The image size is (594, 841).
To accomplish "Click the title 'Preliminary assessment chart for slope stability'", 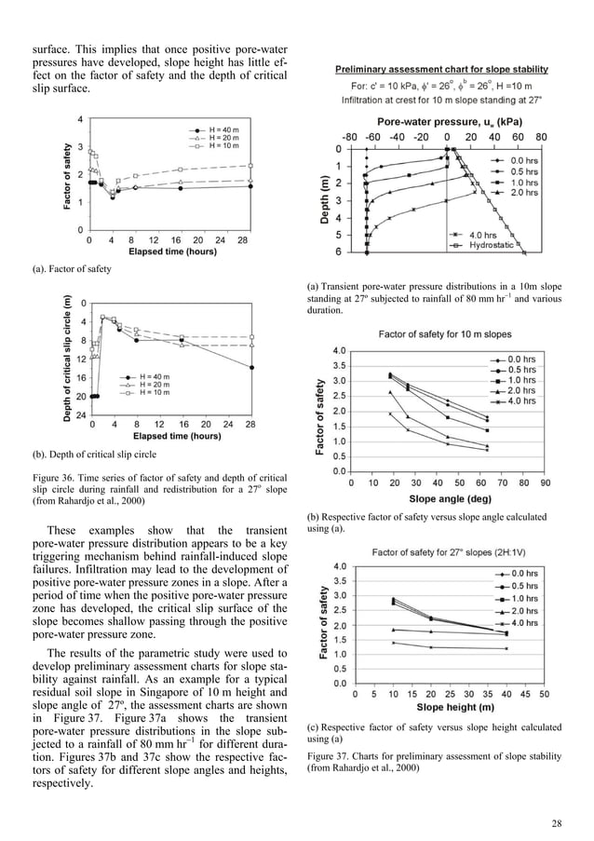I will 441,69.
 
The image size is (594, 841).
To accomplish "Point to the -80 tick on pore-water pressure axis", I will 349,137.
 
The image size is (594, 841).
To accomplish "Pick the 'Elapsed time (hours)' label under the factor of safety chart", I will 174,251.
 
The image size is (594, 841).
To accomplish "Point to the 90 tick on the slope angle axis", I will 545,483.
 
